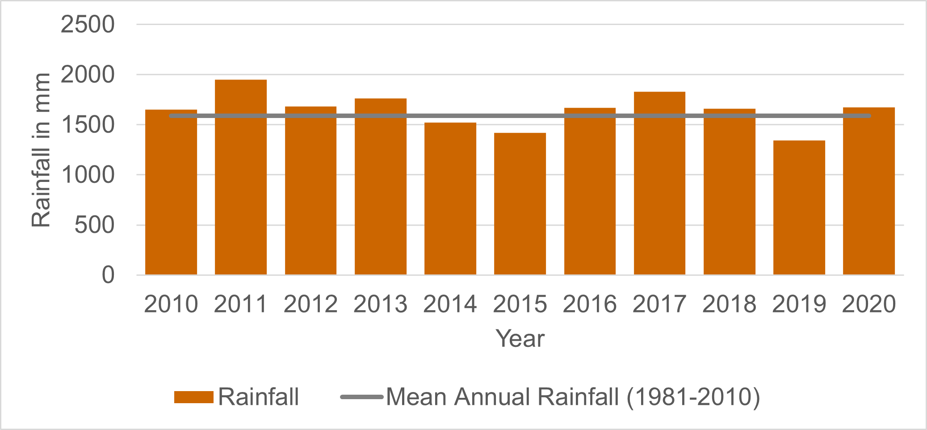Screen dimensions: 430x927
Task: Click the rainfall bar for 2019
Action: point(799,207)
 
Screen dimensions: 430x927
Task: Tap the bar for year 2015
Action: point(520,204)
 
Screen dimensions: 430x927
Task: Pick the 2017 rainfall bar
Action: point(659,183)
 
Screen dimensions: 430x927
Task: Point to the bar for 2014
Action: point(450,198)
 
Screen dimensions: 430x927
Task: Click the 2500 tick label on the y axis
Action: point(88,25)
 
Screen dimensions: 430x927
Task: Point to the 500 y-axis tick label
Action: point(95,225)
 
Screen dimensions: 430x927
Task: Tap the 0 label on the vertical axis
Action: point(108,275)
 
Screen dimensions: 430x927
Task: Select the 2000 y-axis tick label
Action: point(88,75)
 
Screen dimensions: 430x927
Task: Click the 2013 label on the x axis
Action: point(380,304)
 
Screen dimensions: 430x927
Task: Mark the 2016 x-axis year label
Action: point(590,304)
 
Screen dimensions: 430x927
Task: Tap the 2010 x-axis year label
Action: point(171,304)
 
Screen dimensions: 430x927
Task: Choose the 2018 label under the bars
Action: point(729,304)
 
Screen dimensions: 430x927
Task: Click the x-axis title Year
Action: point(520,338)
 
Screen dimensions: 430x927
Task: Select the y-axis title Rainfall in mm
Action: point(41,150)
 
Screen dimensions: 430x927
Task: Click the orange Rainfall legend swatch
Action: point(193,397)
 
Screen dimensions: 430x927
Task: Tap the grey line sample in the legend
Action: point(361,397)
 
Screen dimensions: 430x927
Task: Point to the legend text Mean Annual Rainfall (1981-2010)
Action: point(573,397)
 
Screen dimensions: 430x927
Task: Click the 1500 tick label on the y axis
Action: point(88,125)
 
